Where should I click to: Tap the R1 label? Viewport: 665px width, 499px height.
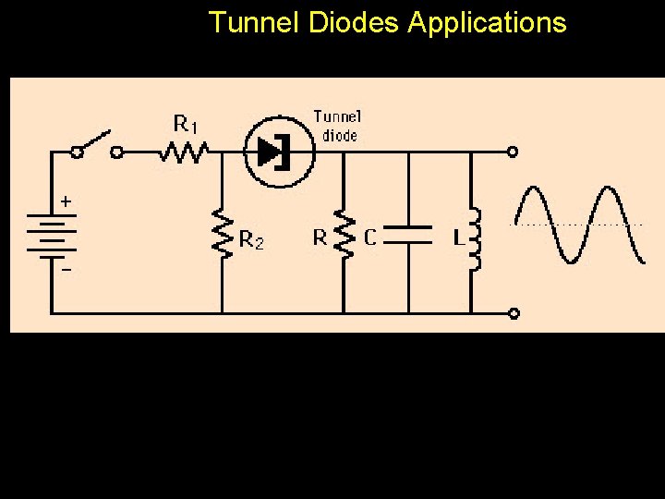(186, 123)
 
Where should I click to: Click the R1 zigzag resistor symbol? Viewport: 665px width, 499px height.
(183, 151)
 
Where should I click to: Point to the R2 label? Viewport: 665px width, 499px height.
(251, 240)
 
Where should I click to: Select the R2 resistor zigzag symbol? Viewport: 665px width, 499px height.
(222, 231)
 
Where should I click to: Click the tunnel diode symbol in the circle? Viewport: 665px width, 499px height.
(275, 152)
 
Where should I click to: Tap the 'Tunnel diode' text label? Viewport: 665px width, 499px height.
(338, 125)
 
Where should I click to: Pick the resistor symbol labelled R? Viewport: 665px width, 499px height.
(344, 236)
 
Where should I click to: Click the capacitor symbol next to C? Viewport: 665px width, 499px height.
(407, 233)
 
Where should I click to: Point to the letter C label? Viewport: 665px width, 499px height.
(369, 237)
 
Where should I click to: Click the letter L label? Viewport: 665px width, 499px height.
(457, 237)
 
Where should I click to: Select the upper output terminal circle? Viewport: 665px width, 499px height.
(513, 151)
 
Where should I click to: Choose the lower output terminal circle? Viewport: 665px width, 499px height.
(513, 313)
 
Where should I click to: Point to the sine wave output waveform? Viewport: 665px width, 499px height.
(579, 225)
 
